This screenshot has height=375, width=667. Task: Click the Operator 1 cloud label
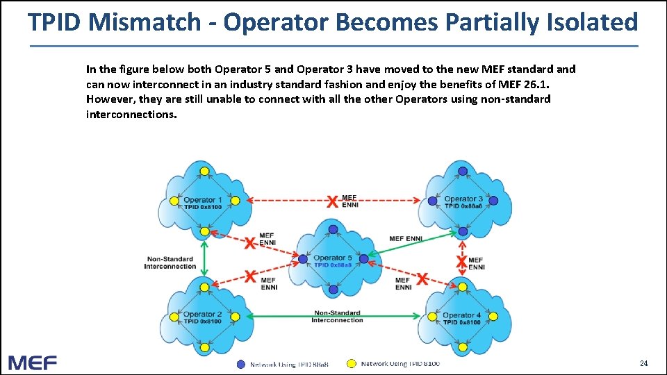click(203, 200)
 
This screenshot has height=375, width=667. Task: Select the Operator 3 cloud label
click(463, 199)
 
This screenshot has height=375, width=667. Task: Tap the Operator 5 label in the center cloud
click(333, 258)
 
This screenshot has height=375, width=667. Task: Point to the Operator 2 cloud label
click(203, 315)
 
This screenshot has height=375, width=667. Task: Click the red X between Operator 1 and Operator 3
click(333, 201)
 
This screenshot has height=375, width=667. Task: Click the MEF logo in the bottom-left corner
click(33, 362)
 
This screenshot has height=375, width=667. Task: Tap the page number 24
click(643, 363)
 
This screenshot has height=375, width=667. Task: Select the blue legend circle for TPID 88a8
click(241, 364)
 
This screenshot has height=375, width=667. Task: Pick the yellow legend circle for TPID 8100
click(352, 363)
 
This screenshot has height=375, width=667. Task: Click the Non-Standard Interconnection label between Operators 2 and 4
click(337, 317)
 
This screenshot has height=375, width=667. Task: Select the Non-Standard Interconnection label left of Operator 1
click(170, 262)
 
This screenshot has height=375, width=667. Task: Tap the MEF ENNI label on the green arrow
click(405, 238)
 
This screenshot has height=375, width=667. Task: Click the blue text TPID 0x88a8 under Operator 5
click(333, 265)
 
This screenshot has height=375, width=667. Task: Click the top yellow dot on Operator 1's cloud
click(204, 171)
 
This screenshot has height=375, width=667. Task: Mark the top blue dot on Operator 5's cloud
click(333, 229)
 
